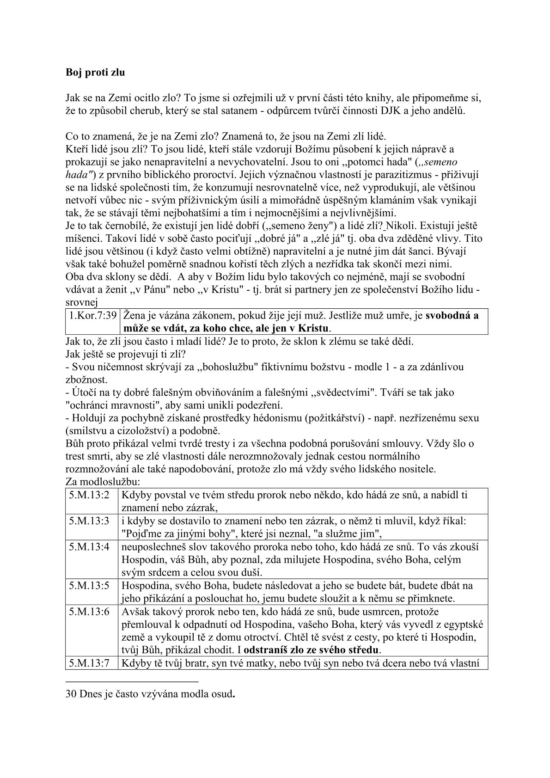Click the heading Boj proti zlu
(95, 73)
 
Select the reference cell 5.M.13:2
(89, 495)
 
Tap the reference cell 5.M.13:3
(89, 521)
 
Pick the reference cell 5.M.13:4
(89, 546)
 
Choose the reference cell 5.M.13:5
(89, 586)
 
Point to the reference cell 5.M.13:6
(89, 611)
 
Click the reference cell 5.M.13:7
(89, 664)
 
